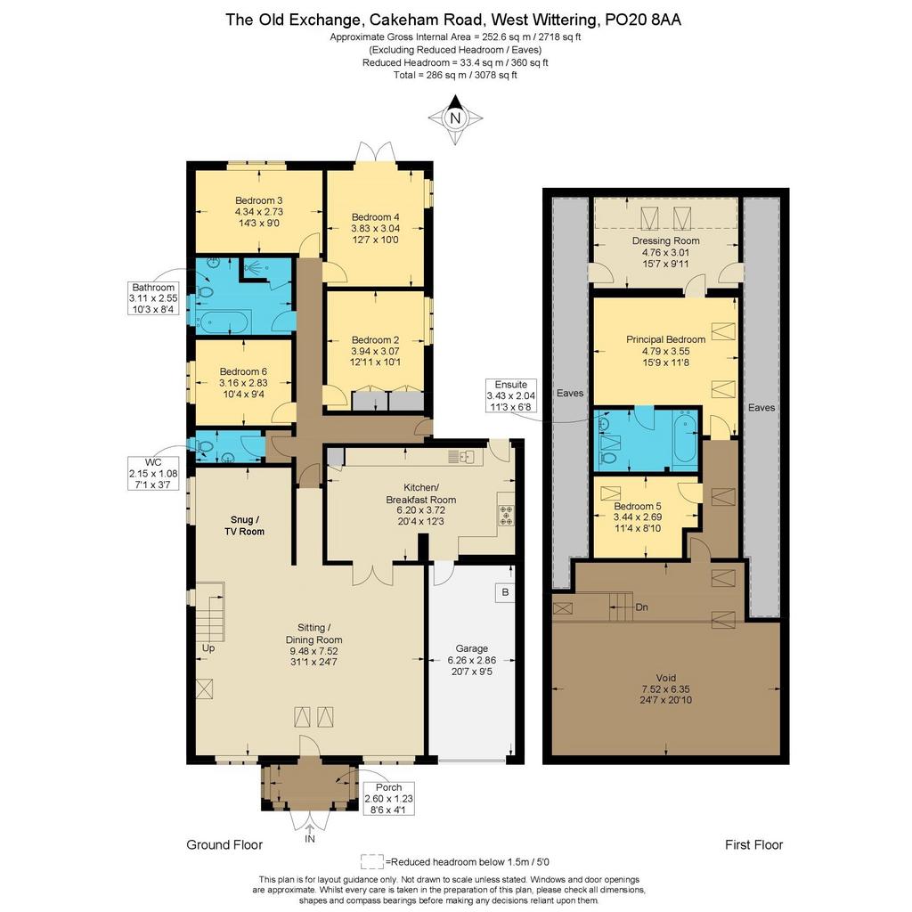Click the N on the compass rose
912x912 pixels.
(455, 118)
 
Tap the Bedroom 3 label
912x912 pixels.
(259, 200)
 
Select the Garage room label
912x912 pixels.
(472, 648)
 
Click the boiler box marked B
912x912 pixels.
(505, 592)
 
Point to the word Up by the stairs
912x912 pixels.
(208, 648)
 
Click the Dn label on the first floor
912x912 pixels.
(641, 607)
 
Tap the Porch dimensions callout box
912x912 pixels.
(388, 799)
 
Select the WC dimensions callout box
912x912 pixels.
(153, 474)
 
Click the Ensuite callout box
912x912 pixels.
(511, 395)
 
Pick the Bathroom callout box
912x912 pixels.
(153, 298)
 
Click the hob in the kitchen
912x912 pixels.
(506, 516)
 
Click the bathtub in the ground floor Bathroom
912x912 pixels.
(224, 322)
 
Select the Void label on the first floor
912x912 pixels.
(666, 678)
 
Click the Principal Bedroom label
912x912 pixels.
(666, 339)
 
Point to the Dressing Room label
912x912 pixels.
(666, 240)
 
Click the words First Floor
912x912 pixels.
(753, 844)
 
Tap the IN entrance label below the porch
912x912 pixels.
(310, 839)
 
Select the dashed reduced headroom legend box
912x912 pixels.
(372, 861)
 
